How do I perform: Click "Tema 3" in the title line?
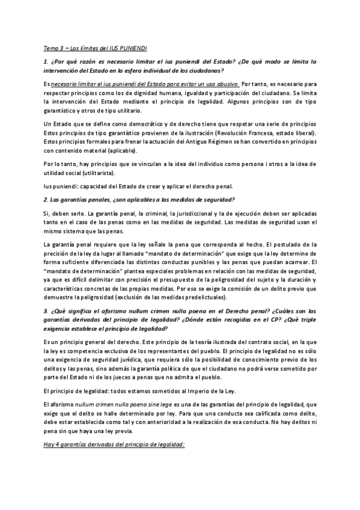pyautogui.click(x=53, y=48)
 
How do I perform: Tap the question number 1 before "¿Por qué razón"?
pyautogui.click(x=45, y=62)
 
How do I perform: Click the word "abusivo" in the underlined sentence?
pyautogui.click(x=226, y=85)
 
